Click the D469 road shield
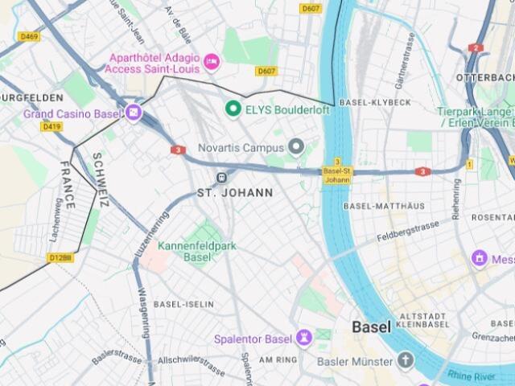(x=29, y=36)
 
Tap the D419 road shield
(x=51, y=126)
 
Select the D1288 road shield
(x=60, y=257)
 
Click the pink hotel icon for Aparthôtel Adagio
(x=212, y=60)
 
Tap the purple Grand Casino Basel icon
(x=133, y=113)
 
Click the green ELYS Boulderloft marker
(x=233, y=108)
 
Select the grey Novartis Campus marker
(x=295, y=147)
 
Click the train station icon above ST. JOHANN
(x=220, y=177)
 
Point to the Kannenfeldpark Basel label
(x=197, y=251)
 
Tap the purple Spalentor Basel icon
(x=303, y=338)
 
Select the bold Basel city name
(x=371, y=327)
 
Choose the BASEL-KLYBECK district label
(x=375, y=103)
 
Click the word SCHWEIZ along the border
(x=98, y=180)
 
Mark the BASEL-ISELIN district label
(x=183, y=304)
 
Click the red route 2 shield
(x=476, y=48)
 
